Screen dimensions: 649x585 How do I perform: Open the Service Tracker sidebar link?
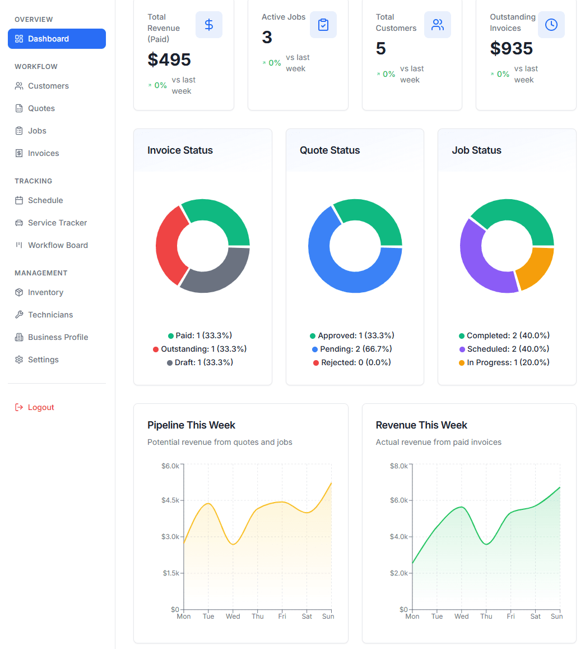(57, 223)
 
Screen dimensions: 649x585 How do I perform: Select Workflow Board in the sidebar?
(58, 245)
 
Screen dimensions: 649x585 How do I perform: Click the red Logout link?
(41, 407)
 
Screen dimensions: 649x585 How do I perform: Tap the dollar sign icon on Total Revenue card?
(209, 25)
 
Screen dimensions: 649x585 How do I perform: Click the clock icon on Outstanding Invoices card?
(551, 25)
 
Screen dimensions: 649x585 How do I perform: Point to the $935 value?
(511, 48)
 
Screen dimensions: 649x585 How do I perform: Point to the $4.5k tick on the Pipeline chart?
(170, 500)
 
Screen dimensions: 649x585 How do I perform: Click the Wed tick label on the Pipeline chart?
(233, 616)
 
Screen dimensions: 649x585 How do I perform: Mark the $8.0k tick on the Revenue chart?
(398, 466)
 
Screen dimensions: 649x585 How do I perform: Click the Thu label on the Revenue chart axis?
(486, 616)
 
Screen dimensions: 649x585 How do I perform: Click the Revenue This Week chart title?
(421, 425)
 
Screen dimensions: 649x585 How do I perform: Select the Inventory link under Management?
(45, 292)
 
